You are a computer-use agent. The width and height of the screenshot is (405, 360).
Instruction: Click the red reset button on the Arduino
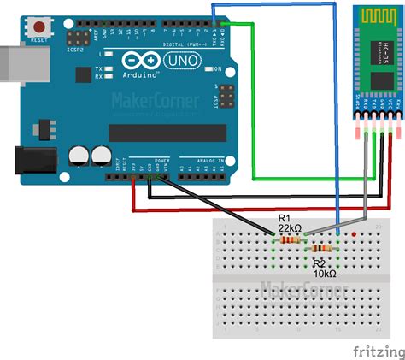click(37, 27)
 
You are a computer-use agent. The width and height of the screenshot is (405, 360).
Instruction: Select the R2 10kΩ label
click(323, 269)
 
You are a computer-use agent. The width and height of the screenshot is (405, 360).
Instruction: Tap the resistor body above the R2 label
click(322, 249)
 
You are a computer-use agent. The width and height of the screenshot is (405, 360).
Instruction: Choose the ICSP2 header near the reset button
click(79, 38)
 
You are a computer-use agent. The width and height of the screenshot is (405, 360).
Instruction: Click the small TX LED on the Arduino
click(110, 68)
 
